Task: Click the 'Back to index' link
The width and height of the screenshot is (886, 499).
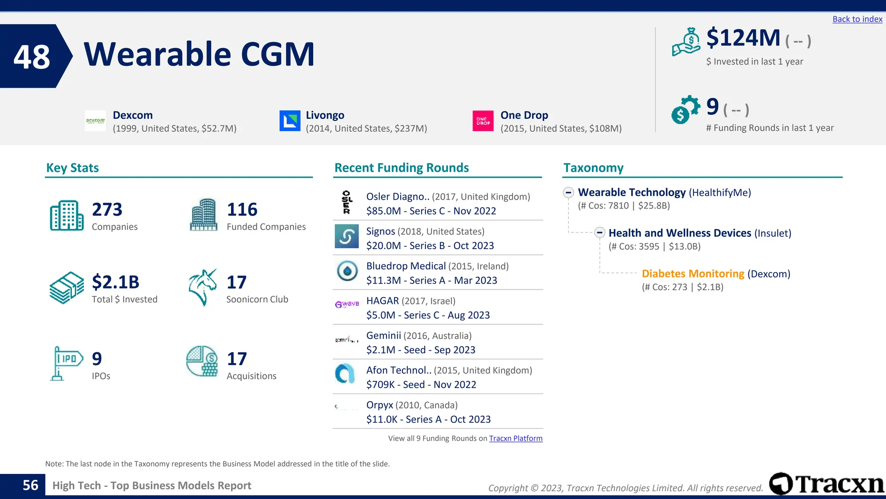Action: point(857,19)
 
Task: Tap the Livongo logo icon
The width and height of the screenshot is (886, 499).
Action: point(290,121)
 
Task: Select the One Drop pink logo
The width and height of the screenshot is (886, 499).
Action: point(483,121)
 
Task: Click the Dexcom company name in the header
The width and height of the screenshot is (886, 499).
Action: point(132,115)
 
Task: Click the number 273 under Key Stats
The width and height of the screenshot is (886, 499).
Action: point(107,210)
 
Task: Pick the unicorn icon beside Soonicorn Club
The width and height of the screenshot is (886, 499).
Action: point(202,287)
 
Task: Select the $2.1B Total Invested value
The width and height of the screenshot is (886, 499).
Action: point(116,282)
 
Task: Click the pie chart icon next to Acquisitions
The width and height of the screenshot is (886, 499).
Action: point(202,361)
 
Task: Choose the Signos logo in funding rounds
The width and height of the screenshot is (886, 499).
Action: point(347,237)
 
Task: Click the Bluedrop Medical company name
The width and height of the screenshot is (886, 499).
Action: point(406,266)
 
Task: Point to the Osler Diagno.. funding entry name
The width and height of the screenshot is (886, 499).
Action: point(398,197)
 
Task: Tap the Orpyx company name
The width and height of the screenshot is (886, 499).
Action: point(379,405)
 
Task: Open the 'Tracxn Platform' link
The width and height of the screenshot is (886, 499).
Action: point(515,438)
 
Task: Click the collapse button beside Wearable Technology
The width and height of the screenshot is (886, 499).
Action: point(568,192)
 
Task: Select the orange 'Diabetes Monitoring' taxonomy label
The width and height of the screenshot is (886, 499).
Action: point(693,274)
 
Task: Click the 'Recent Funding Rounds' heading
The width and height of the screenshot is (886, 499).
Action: point(401,168)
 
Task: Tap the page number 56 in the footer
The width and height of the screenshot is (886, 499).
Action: point(30,486)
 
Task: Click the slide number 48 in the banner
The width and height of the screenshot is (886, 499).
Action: point(32,57)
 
